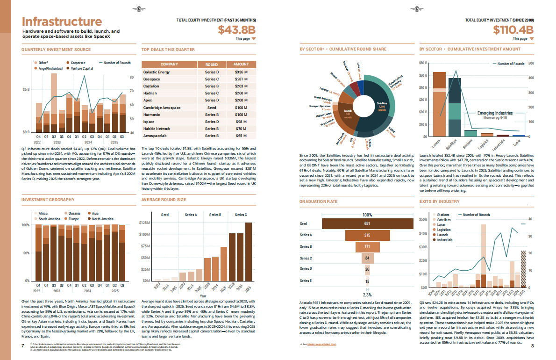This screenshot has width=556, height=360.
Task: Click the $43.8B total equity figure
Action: pyautogui.click(x=237, y=29)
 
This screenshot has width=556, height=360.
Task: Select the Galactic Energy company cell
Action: pyautogui.click(x=157, y=72)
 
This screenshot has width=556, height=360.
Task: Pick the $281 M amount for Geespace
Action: pyautogui.click(x=241, y=79)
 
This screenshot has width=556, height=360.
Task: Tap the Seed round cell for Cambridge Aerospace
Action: pyautogui.click(x=212, y=107)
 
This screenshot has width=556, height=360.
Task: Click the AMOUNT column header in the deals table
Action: pyautogui.click(x=241, y=64)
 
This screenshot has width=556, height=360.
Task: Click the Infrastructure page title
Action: pyautogui.click(x=62, y=22)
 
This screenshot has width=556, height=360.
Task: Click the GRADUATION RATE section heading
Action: pyautogui.click(x=319, y=202)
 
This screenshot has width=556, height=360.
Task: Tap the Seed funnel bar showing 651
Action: pyautogui.click(x=367, y=224)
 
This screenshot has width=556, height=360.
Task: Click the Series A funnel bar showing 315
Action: pyautogui.click(x=367, y=235)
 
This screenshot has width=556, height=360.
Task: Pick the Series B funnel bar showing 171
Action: pyautogui.click(x=367, y=246)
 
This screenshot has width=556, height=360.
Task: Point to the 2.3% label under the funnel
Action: pyautogui.click(x=367, y=295)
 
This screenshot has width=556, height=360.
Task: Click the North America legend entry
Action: pyautogui.click(x=103, y=219)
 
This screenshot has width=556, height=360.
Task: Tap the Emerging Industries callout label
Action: pyautogui.click(x=495, y=113)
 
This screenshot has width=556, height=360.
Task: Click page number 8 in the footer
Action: pyautogui.click(x=532, y=346)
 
